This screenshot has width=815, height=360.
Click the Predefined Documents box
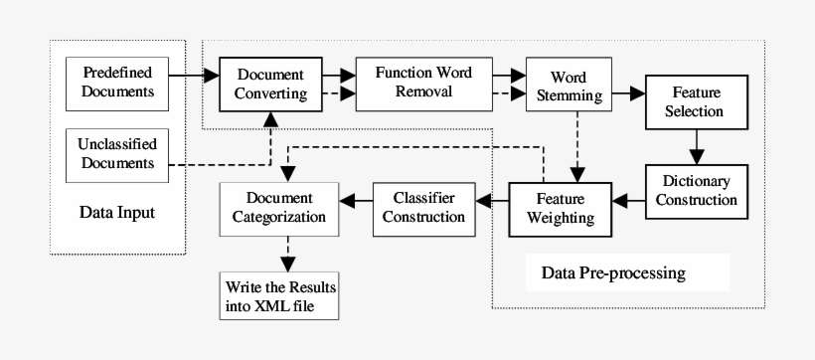point(117,83)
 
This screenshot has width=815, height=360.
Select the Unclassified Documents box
point(117,154)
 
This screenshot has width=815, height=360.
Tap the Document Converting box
point(270,84)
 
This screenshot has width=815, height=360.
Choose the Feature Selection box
point(695,101)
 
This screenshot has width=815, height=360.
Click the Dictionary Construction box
point(695,190)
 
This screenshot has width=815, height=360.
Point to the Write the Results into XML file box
point(279,295)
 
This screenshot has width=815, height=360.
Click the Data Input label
point(117,213)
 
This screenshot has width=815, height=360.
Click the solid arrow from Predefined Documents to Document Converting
point(193,74)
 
